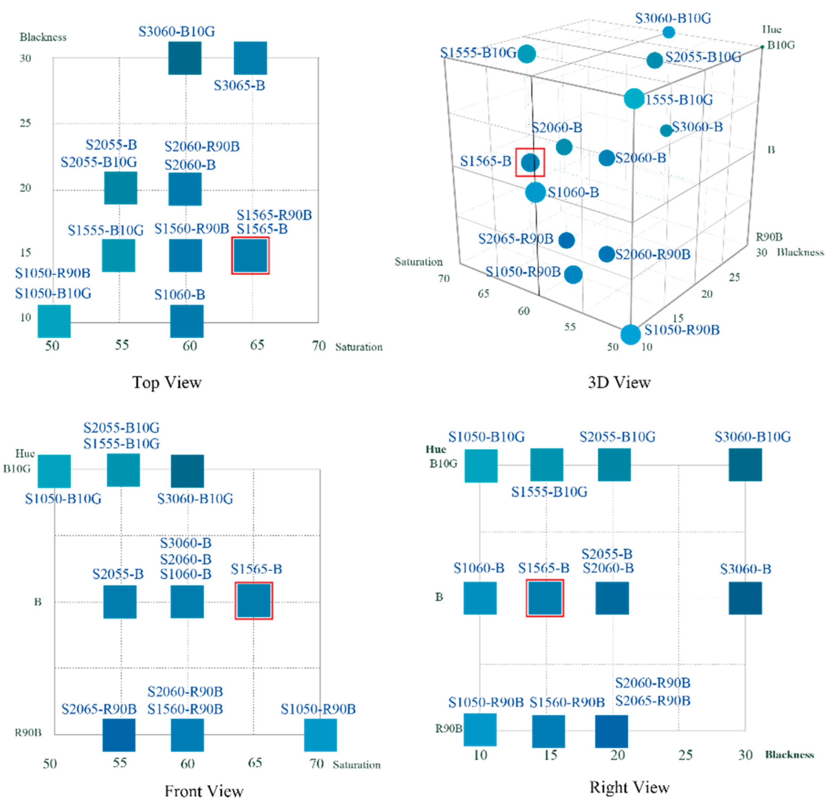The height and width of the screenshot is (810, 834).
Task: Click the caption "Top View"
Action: (x=167, y=382)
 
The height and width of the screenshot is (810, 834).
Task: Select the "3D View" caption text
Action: (x=619, y=383)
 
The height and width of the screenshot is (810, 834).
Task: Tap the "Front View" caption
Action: (x=204, y=791)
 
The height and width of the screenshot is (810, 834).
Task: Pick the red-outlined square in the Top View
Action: (x=250, y=256)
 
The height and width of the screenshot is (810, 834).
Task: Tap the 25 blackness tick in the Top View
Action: (x=25, y=123)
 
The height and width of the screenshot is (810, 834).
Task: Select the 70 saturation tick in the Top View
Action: (x=319, y=345)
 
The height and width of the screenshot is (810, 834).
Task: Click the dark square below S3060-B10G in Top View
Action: (x=185, y=58)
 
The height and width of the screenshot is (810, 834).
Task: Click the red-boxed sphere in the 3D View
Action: (x=530, y=162)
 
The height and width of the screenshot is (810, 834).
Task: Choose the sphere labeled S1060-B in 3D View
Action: (x=535, y=192)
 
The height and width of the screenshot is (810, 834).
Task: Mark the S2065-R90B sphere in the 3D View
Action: (x=566, y=240)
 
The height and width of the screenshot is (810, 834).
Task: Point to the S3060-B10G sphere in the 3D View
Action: (x=669, y=32)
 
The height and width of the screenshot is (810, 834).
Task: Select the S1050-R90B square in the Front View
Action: (x=321, y=735)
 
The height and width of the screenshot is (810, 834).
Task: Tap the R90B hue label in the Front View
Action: (x=28, y=732)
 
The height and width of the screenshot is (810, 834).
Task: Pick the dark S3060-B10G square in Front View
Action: (x=187, y=471)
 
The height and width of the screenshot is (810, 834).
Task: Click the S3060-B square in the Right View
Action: (x=745, y=598)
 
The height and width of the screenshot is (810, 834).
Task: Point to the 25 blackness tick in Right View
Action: (x=685, y=755)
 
